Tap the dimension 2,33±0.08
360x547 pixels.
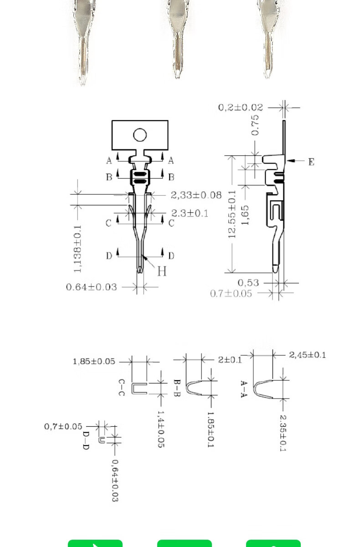coord(196,195)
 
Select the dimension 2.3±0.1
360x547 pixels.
coord(190,213)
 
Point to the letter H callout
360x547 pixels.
coord(162,271)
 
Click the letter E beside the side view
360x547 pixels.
coord(311,162)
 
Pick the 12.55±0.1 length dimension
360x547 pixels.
coord(231,215)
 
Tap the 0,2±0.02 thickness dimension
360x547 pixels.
coord(241,107)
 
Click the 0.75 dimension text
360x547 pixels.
coord(255,125)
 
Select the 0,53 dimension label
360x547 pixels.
coord(248,283)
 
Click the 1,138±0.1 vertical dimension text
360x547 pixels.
coord(77,249)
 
